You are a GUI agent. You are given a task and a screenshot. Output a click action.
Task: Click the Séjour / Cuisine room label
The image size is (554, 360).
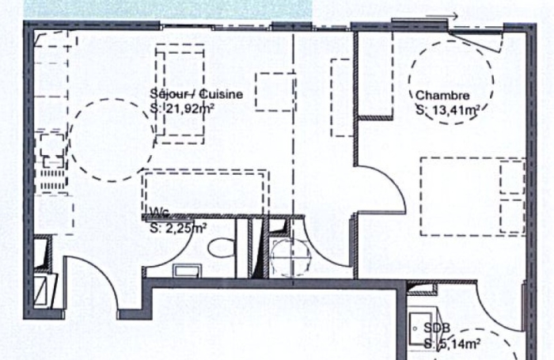tap(196, 94)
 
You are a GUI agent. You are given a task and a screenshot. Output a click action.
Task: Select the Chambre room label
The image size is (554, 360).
tap(442, 96)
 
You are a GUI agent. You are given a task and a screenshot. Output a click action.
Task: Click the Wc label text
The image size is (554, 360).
tap(160, 211)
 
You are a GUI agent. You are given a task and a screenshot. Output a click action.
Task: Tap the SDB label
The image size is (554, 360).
tap(437, 328)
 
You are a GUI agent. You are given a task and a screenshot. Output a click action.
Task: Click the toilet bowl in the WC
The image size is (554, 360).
tap(221, 248)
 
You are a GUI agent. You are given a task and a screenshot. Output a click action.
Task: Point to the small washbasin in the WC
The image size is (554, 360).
tap(188, 271)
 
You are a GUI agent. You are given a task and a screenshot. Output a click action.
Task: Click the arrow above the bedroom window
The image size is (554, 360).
tap(442, 16)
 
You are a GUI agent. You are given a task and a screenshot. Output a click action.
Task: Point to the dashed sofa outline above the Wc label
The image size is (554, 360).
tap(205, 171)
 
